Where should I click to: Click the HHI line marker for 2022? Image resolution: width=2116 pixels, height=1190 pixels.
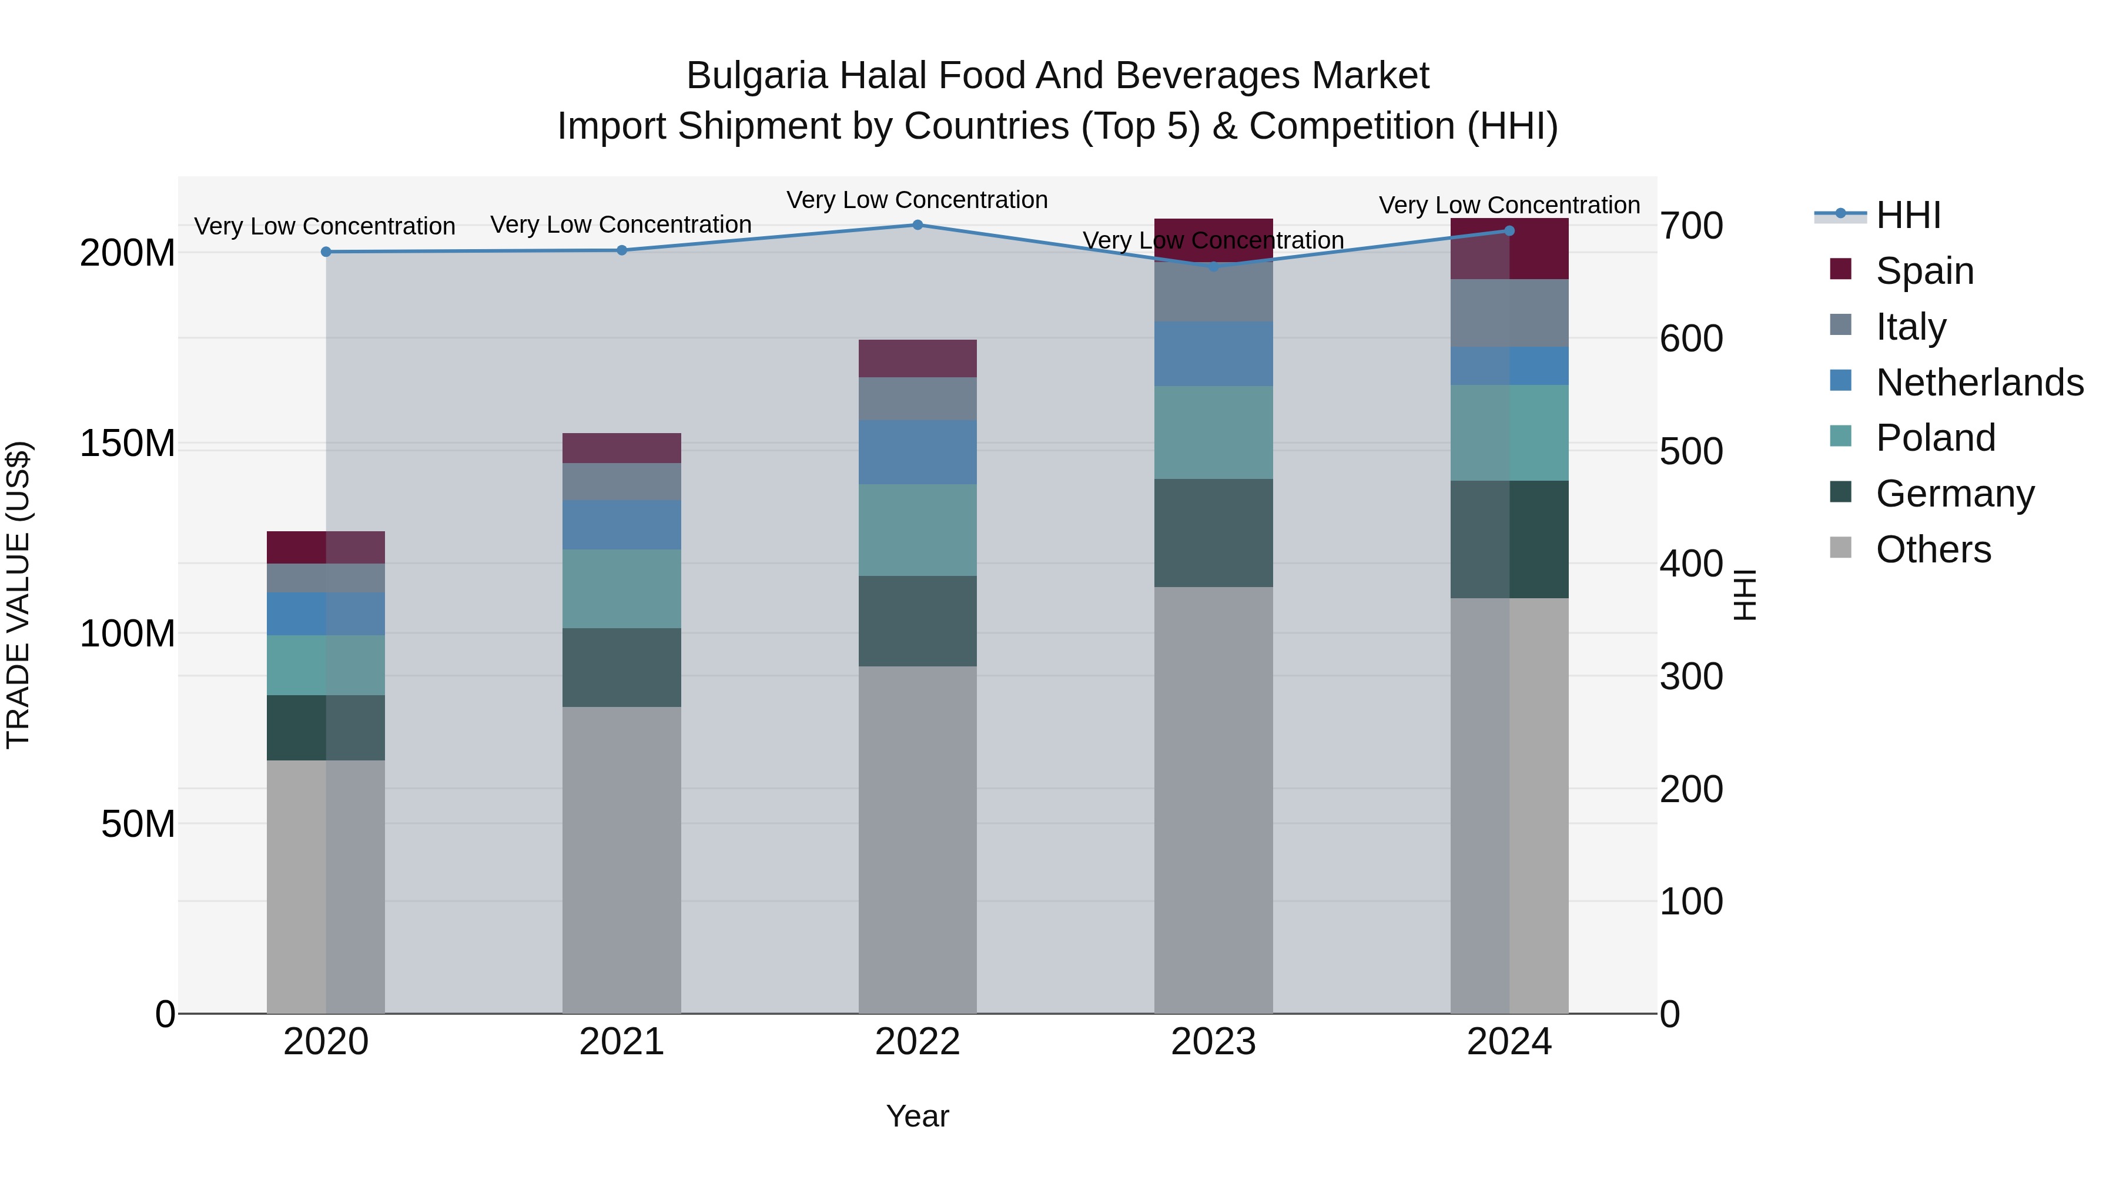[918, 225]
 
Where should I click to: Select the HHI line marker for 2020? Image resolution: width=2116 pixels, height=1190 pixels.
[326, 252]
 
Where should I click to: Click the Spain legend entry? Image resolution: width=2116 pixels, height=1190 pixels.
[1924, 270]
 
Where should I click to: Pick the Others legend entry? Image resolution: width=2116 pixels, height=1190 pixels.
[1933, 549]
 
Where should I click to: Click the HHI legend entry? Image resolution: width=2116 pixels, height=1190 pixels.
[1907, 215]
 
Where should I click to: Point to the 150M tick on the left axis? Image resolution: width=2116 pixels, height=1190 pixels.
[128, 444]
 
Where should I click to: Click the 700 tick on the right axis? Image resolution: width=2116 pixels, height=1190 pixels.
[1691, 226]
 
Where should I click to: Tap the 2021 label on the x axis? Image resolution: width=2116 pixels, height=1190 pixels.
[622, 1042]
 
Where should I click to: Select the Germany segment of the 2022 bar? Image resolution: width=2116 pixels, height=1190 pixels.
[918, 621]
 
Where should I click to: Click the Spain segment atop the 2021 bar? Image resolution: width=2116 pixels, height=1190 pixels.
[622, 448]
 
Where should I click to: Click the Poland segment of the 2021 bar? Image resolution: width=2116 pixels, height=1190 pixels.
[622, 589]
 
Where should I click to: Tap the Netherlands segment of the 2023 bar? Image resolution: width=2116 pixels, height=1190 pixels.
[1213, 353]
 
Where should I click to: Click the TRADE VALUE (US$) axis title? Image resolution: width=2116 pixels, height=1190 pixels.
[19, 595]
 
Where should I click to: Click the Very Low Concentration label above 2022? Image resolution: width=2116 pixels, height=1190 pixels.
[917, 200]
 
